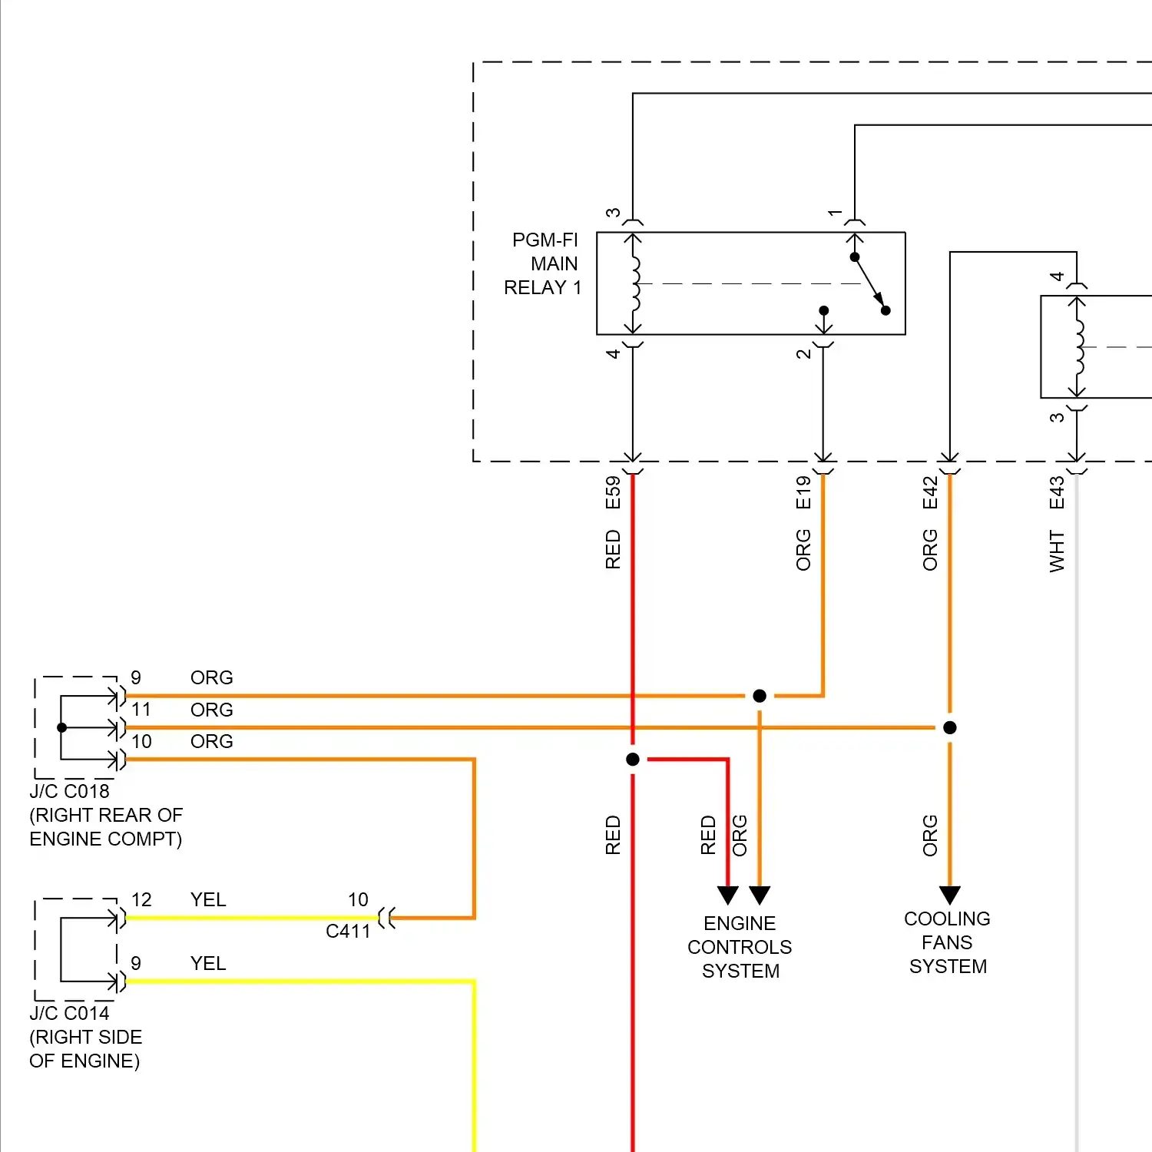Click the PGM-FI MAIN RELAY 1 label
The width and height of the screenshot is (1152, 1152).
(x=543, y=263)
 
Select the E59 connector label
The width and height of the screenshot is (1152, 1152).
(x=613, y=492)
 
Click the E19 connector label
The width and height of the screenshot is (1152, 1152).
(x=803, y=492)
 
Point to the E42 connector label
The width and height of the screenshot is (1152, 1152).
(x=930, y=492)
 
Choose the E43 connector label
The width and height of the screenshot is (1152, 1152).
(x=1057, y=492)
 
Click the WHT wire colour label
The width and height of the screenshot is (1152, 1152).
(x=1057, y=551)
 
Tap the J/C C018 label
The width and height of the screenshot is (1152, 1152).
(x=70, y=791)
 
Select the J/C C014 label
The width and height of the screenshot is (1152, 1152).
(x=70, y=1013)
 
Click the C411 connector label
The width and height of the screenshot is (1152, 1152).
(x=348, y=931)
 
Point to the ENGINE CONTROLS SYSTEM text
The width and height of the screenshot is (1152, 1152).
(x=740, y=947)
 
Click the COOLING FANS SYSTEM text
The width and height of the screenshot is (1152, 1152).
(x=948, y=942)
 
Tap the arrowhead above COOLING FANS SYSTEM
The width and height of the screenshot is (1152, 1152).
(x=950, y=895)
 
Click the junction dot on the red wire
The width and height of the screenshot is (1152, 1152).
(x=633, y=760)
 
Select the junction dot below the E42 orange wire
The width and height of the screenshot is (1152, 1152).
(x=950, y=727)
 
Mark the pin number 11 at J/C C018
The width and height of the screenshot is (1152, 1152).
(x=141, y=710)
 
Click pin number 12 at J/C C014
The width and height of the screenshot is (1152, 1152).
(x=141, y=899)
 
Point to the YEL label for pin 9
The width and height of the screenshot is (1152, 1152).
(x=208, y=963)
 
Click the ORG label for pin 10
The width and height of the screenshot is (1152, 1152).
(x=212, y=741)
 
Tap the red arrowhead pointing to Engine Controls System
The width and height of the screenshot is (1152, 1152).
(x=728, y=895)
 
